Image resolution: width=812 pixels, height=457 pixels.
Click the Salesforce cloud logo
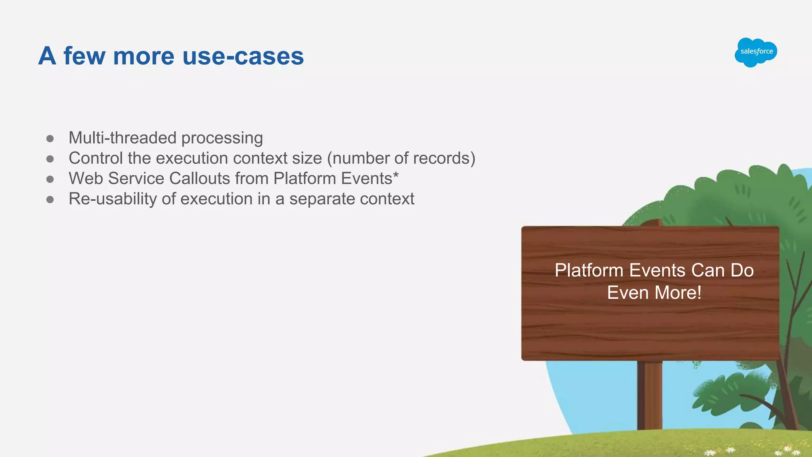pos(756,52)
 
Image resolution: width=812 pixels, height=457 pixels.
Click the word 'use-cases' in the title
pos(243,56)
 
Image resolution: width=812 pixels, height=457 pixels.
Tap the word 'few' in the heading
pos(85,56)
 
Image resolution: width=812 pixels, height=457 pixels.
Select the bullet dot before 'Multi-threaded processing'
pos(50,138)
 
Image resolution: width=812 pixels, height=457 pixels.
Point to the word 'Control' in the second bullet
pos(96,158)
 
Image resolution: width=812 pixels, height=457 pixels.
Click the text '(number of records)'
pos(401,158)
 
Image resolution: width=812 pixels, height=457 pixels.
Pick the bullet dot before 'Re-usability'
pos(50,199)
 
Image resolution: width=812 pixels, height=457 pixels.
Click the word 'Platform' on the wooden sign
pos(589,271)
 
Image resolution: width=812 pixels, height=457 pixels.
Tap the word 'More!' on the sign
pos(678,293)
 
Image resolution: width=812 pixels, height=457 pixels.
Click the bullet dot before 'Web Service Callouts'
pos(50,179)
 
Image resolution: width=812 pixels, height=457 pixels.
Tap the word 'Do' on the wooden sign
pos(742,271)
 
